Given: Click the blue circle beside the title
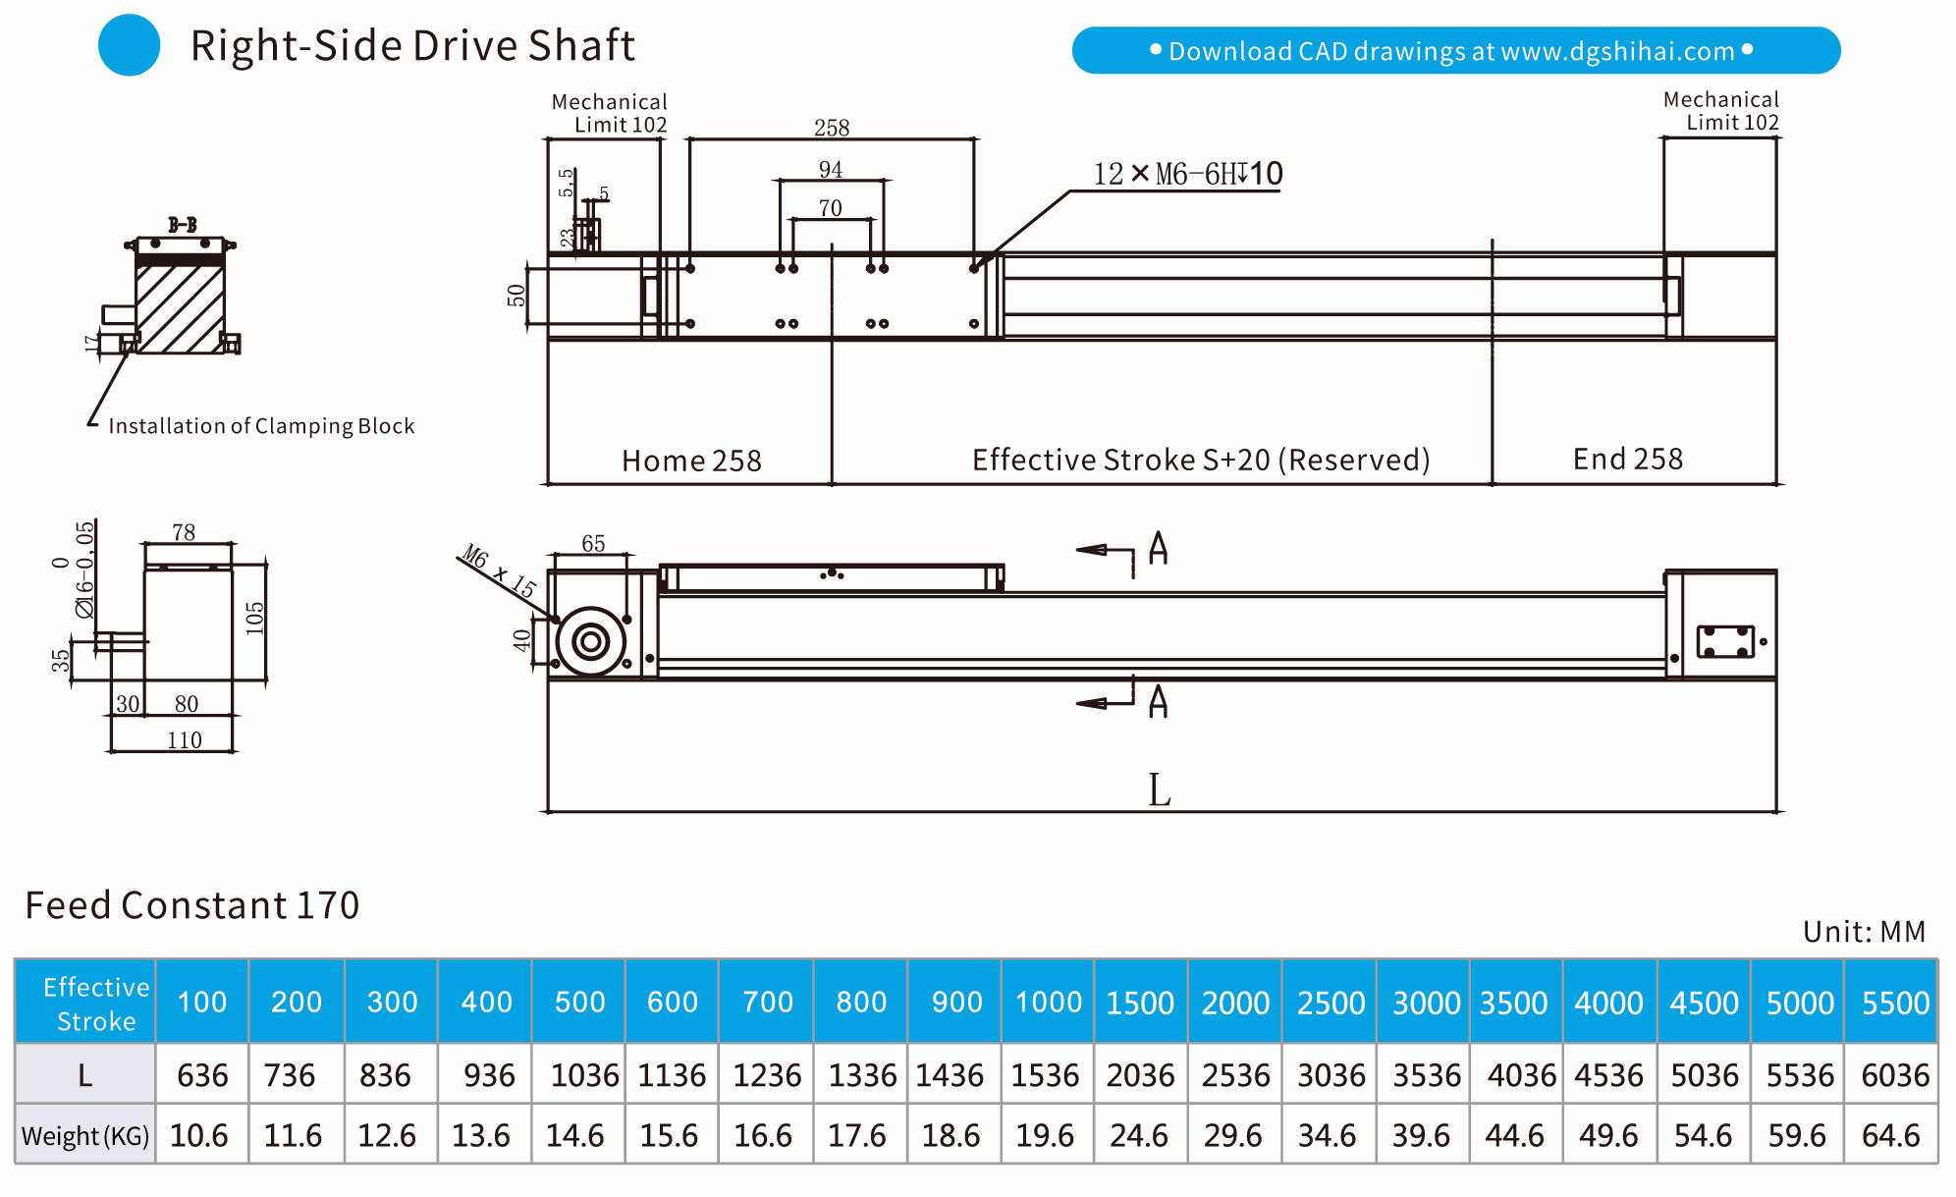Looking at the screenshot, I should (129, 45).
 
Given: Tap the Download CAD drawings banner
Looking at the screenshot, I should (1455, 51).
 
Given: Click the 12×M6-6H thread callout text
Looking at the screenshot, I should (1187, 174).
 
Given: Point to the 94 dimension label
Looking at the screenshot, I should (831, 170).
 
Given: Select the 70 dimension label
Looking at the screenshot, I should (831, 208).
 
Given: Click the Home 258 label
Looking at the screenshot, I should (691, 461).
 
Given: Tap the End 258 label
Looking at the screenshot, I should (1627, 459).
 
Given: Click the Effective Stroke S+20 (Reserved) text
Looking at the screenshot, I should (1200, 460).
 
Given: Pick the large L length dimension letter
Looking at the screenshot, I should (1159, 790).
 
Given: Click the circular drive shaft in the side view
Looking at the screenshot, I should (590, 642).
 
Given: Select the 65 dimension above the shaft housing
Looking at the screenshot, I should (593, 544).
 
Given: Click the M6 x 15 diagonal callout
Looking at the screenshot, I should (500, 571).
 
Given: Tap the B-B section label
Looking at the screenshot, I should (182, 225).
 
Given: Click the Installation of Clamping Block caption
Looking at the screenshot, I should (261, 426).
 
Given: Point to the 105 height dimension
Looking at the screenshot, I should (255, 619).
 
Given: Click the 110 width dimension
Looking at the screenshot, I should (185, 740).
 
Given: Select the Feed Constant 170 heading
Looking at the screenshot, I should (192, 904).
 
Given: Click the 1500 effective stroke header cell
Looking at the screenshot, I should (1140, 1003).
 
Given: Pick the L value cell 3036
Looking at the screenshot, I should (1331, 1075).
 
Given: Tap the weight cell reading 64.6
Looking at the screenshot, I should (1890, 1135).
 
